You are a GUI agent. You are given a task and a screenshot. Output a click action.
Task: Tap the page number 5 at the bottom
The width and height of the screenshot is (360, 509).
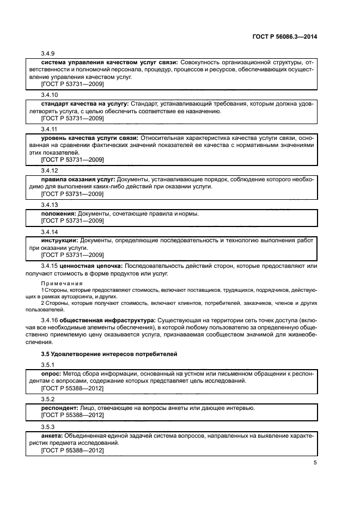pyautogui.click(x=315, y=463)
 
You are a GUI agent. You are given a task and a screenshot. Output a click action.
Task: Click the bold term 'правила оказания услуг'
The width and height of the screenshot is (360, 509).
pyautogui.click(x=77, y=179)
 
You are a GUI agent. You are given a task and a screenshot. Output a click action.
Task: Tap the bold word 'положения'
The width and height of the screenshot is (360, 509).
pyautogui.click(x=59, y=213)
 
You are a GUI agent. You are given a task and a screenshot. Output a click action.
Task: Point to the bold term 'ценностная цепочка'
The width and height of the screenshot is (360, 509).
pyautogui.click(x=90, y=266)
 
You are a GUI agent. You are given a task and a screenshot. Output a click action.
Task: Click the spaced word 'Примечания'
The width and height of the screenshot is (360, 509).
pyautogui.click(x=62, y=284)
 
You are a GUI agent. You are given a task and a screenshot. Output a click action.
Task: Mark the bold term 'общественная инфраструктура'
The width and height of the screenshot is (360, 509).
pyautogui.click(x=100, y=320)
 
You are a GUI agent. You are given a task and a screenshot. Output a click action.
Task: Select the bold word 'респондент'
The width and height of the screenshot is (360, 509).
pyautogui.click(x=61, y=408)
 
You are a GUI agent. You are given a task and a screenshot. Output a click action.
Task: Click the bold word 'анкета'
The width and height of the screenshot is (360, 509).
pyautogui.click(x=52, y=436)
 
